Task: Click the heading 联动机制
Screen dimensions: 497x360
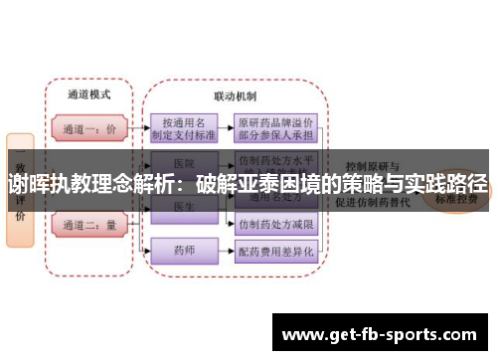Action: pyautogui.click(x=235, y=96)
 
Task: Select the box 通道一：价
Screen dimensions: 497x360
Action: pyautogui.click(x=88, y=128)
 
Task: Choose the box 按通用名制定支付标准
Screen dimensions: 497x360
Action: pyautogui.click(x=185, y=127)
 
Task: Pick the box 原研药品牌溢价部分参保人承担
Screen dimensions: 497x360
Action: pyautogui.click(x=275, y=127)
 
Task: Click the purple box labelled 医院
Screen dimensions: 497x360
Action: pyautogui.click(x=183, y=161)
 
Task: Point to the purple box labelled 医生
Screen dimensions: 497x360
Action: pyautogui.click(x=183, y=206)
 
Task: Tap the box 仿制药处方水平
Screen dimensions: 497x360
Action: pyautogui.click(x=275, y=160)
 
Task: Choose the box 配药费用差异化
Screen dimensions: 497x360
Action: pyautogui.click(x=275, y=253)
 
